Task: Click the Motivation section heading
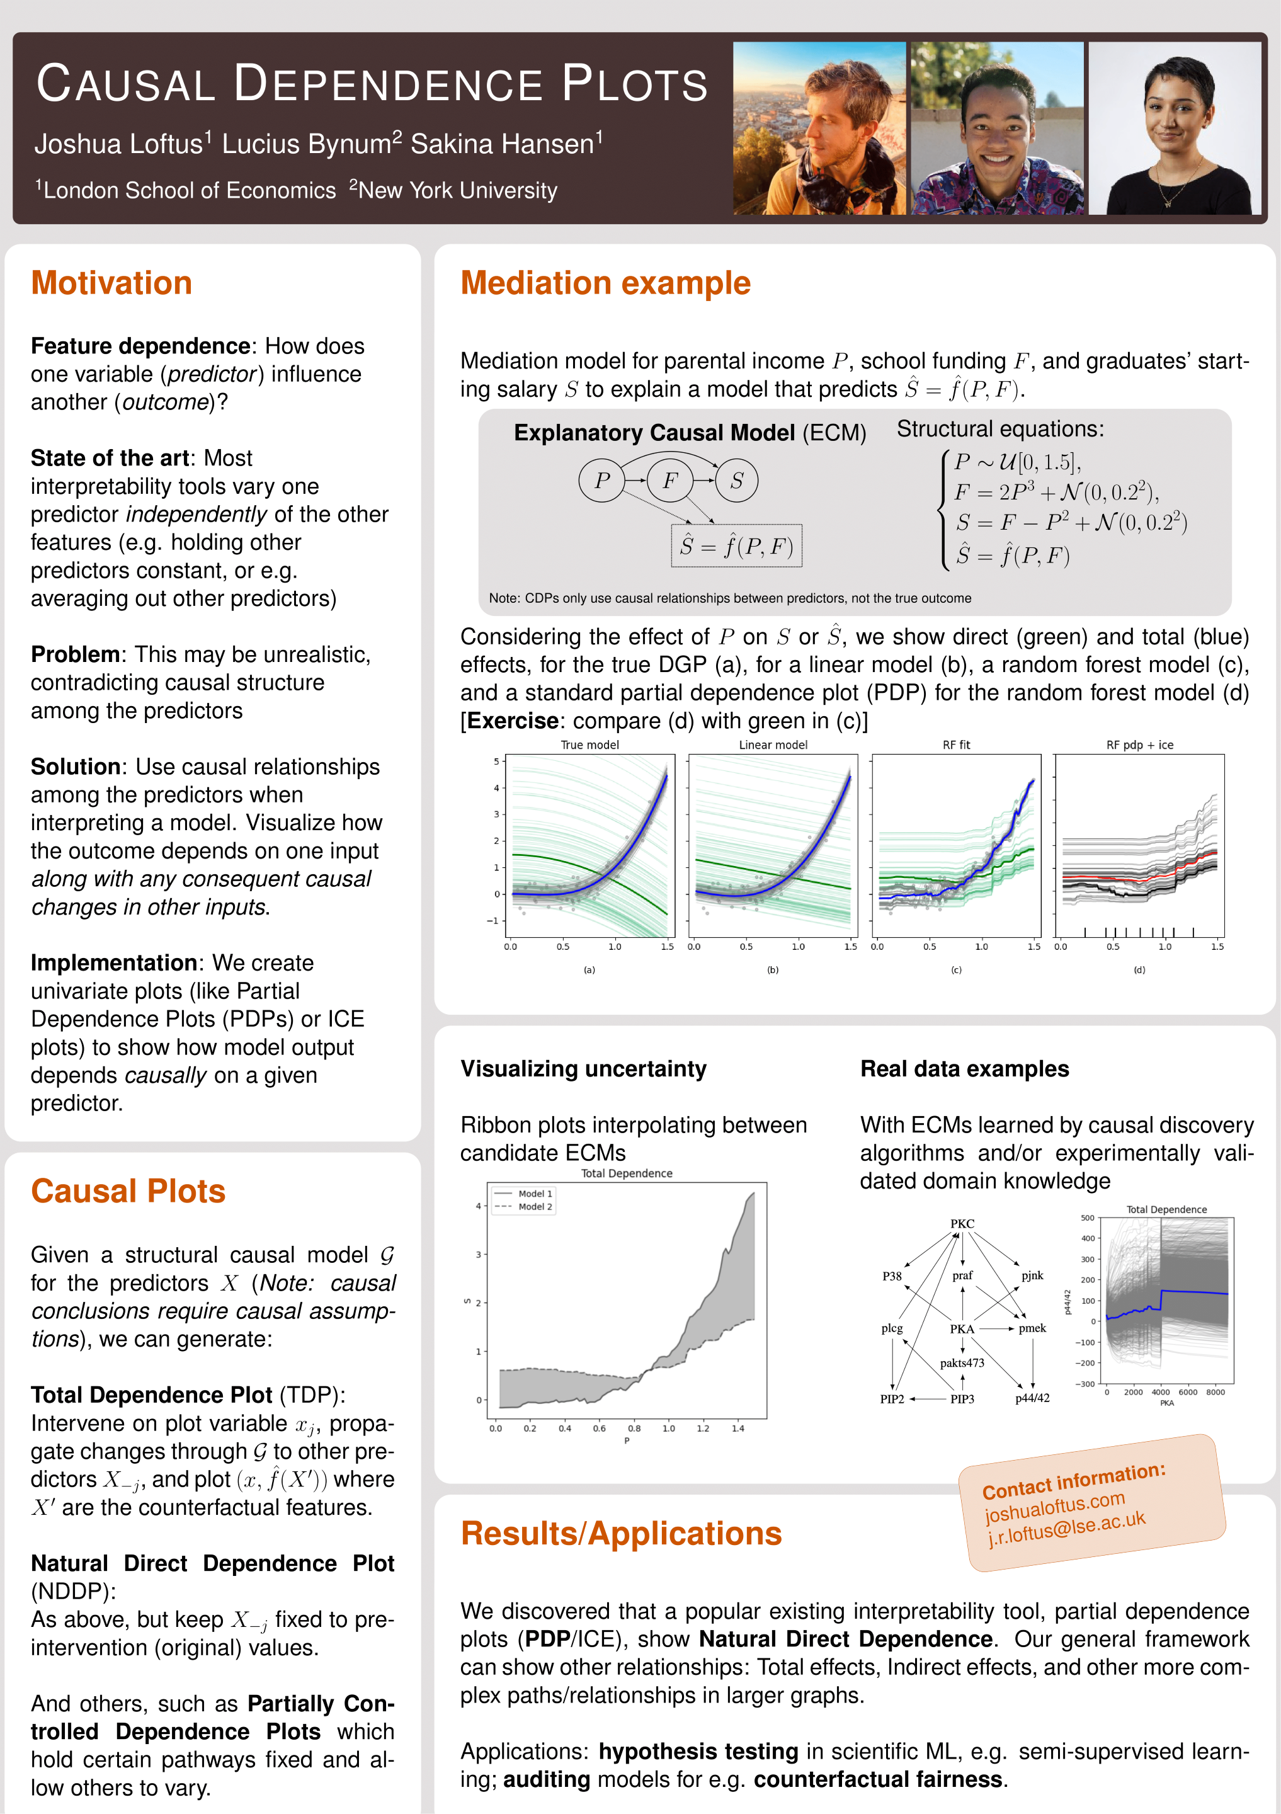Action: tap(111, 283)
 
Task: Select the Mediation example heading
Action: tap(605, 283)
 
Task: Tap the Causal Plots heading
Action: tap(128, 1190)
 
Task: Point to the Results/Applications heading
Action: tap(621, 1532)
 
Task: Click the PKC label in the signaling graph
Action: tap(962, 1223)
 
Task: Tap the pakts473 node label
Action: tap(962, 1363)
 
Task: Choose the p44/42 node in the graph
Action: tap(1032, 1398)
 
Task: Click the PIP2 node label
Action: tap(892, 1398)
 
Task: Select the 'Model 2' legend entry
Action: tap(535, 1206)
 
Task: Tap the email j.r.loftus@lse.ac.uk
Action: tap(1066, 1528)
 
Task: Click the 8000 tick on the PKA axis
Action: tap(1216, 1392)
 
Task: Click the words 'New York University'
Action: tap(457, 190)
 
